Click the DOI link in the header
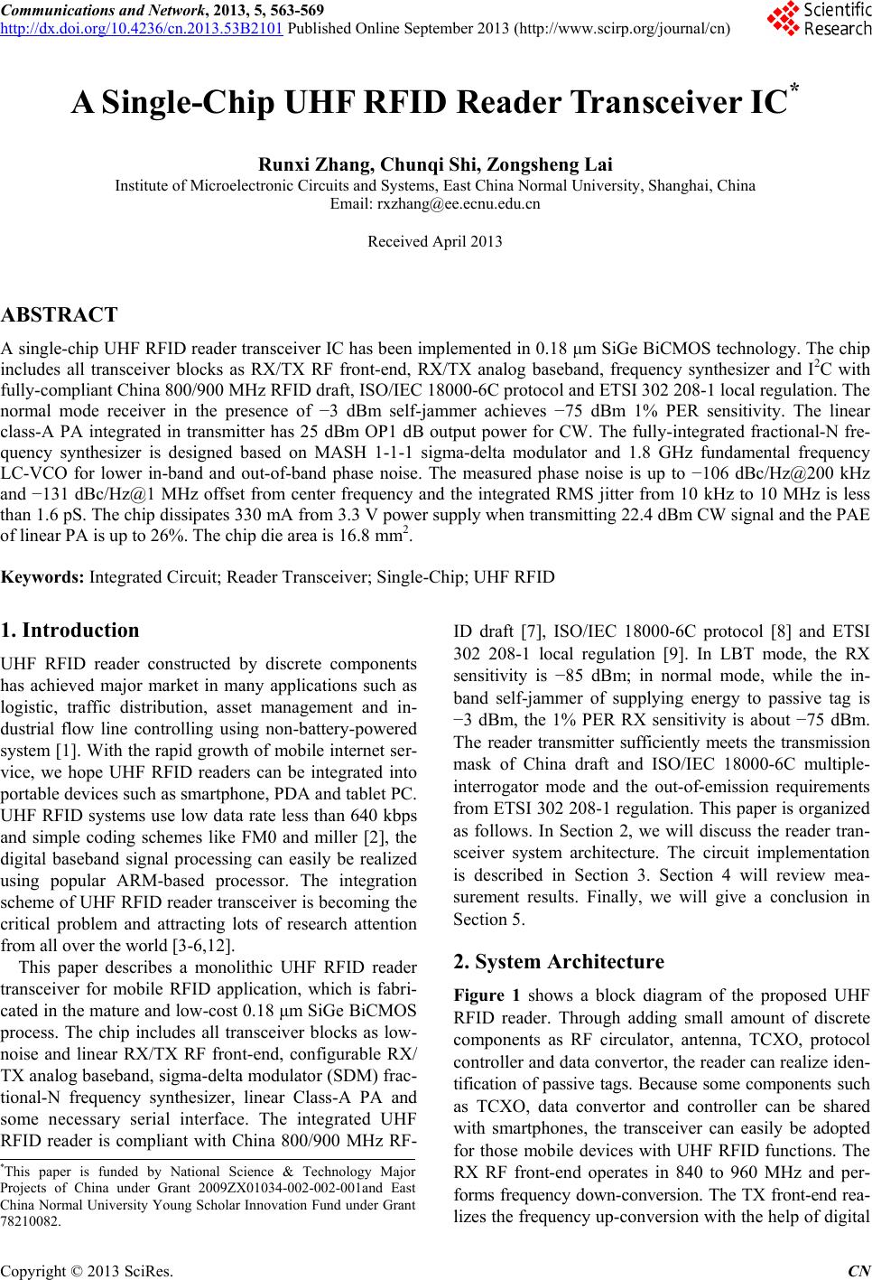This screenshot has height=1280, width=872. pos(143,25)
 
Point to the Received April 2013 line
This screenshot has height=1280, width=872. pos(436,241)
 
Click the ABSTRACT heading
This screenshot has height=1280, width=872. pos(60,315)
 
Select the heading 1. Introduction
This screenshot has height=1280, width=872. pos(70,631)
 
